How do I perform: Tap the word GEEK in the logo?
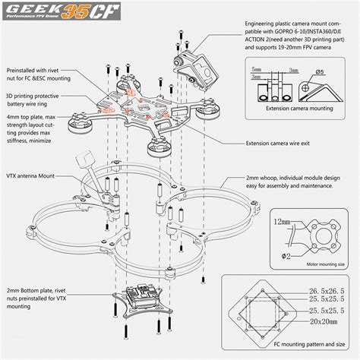(x=33, y=11)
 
